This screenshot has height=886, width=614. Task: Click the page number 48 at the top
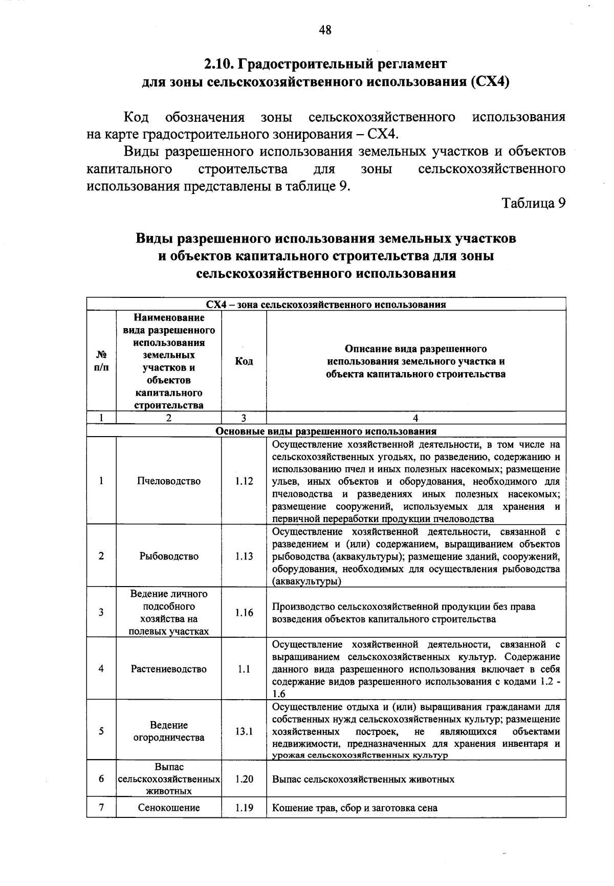325,30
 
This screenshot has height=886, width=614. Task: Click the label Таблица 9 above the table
534,203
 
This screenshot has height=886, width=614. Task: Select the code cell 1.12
244,481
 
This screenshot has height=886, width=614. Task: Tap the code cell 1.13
244,556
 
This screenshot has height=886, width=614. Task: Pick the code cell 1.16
244,613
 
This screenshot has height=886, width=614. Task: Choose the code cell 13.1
244,731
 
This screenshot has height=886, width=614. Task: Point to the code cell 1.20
244,779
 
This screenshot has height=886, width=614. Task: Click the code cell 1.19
244,808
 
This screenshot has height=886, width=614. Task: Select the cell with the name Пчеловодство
169,481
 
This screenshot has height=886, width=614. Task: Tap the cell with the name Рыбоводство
169,556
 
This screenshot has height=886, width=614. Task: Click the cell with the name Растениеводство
169,669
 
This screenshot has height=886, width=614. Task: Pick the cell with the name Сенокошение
169,808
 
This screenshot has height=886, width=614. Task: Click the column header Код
244,361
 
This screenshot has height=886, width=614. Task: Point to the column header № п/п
101,361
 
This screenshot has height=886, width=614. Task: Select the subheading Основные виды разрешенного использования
326,431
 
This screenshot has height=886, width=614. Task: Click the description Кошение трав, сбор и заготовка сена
355,808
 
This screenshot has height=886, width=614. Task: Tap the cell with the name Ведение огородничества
169,731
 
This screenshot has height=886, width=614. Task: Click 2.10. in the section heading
219,64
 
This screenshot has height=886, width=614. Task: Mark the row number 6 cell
101,779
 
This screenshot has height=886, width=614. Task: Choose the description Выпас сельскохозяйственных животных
363,779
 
